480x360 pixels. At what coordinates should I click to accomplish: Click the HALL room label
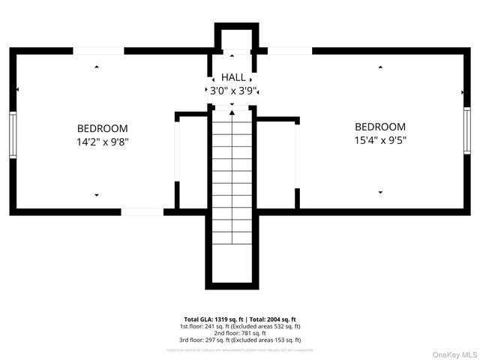[232, 77]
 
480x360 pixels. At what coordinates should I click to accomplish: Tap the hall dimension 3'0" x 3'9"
[232, 91]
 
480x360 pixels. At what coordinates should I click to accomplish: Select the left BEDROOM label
[102, 128]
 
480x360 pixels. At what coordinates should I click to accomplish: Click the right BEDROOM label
[380, 127]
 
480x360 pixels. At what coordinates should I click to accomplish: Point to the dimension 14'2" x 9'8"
[102, 141]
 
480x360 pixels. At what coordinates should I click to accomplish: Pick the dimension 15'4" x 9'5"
[380, 139]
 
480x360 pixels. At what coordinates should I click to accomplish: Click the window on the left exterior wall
[13, 135]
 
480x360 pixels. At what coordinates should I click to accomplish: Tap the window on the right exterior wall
[466, 130]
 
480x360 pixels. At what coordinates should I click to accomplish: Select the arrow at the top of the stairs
[232, 112]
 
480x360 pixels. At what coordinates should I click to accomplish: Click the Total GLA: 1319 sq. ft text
[211, 319]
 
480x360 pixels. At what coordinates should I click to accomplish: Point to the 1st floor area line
[240, 326]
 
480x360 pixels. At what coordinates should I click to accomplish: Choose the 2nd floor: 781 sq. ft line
[240, 333]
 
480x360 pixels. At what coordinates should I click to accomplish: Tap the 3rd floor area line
[240, 340]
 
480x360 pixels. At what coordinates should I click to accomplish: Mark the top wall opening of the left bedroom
[98, 51]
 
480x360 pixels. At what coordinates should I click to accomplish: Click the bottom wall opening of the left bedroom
[142, 212]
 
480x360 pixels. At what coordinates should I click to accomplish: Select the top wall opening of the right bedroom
[289, 51]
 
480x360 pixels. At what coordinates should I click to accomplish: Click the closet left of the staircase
[192, 161]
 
